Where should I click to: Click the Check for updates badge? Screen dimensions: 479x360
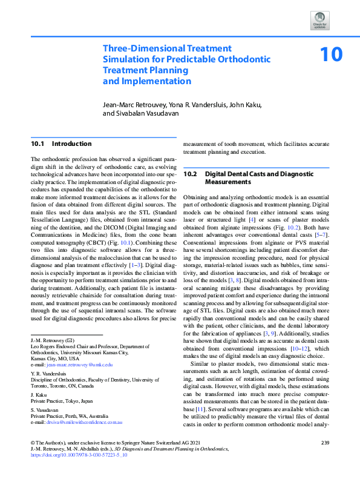(x=319, y=20)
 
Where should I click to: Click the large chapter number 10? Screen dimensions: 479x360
(x=331, y=55)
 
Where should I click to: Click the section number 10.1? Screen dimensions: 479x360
(x=38, y=144)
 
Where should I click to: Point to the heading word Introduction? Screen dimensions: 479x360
(x=72, y=144)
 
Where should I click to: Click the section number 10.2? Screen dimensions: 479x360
(x=191, y=174)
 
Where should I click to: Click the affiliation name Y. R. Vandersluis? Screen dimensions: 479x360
(x=50, y=374)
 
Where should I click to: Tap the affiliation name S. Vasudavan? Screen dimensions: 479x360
(x=47, y=410)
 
